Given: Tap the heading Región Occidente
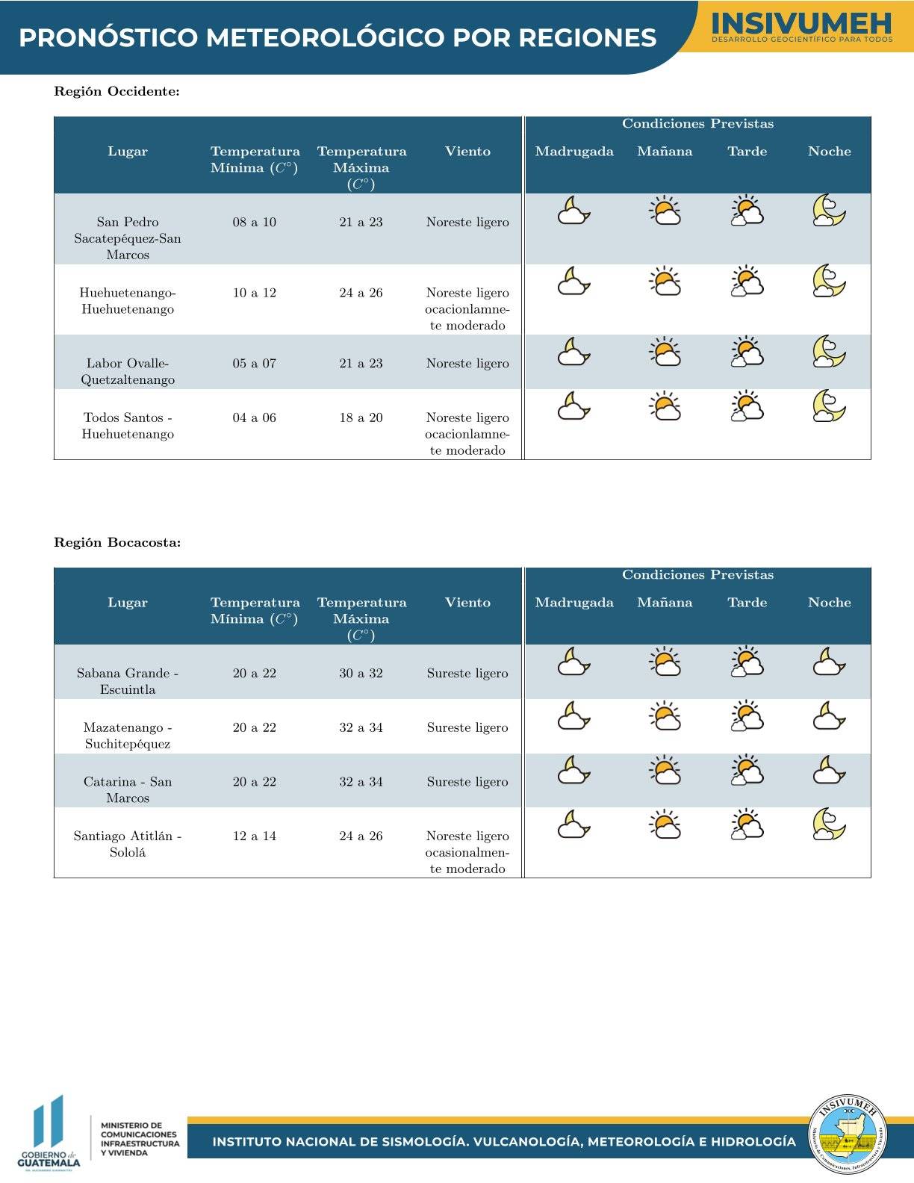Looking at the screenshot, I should click(116, 92).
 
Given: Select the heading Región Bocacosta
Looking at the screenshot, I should click(117, 543).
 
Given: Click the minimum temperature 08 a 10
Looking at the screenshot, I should click(255, 222).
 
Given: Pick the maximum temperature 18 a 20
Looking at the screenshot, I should click(361, 417).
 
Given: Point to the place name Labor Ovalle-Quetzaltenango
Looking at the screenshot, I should click(128, 371).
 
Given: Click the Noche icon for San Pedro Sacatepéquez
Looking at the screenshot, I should click(829, 211).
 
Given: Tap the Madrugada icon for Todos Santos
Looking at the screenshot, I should click(573, 406).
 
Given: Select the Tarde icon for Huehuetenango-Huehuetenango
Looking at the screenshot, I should click(747, 282).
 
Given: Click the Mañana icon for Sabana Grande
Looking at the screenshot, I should click(665, 662).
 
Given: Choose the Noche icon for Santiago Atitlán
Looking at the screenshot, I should click(829, 825).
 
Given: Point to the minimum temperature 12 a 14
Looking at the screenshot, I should click(255, 836).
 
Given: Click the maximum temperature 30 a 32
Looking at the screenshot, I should click(361, 673).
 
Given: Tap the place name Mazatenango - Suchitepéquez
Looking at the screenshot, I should click(128, 735).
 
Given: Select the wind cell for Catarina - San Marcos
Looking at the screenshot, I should click(467, 782).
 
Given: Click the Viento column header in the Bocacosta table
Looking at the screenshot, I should click(467, 603).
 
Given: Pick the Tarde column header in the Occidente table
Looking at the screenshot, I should click(747, 152).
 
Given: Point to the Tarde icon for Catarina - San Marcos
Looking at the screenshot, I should click(747, 771).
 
